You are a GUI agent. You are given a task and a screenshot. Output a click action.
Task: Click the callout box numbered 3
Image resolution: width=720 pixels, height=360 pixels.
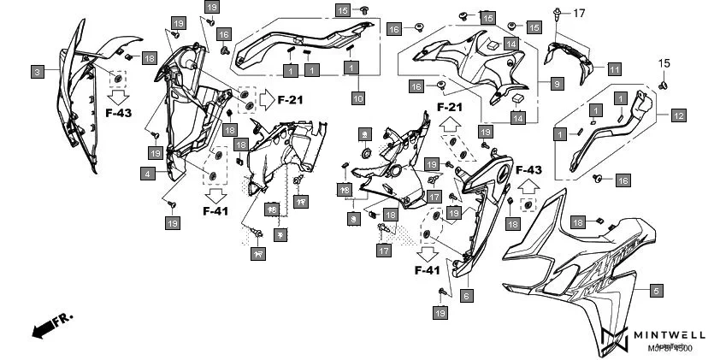[38, 73]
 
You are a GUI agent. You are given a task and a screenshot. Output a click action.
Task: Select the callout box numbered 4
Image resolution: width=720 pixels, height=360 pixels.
[148, 174]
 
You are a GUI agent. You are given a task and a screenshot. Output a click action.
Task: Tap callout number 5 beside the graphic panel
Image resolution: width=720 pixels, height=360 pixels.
[656, 291]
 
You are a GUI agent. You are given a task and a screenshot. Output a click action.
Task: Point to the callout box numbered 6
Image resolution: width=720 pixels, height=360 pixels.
[466, 296]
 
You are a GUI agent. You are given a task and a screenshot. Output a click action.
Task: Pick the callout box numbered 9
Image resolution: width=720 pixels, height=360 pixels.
[556, 84]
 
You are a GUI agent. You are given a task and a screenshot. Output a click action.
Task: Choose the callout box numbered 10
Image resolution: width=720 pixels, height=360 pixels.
[357, 99]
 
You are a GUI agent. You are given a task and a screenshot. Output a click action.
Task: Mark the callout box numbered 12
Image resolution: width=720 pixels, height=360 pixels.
[677, 115]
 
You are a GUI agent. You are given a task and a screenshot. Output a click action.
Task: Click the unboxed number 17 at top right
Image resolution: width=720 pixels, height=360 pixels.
[578, 13]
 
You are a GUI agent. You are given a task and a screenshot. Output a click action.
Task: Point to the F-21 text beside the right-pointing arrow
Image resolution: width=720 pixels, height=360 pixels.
[291, 100]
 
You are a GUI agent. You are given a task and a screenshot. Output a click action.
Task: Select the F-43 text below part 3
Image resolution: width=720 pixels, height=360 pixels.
[119, 113]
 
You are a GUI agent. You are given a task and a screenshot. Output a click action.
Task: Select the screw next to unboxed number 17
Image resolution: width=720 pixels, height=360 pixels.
[558, 13]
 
